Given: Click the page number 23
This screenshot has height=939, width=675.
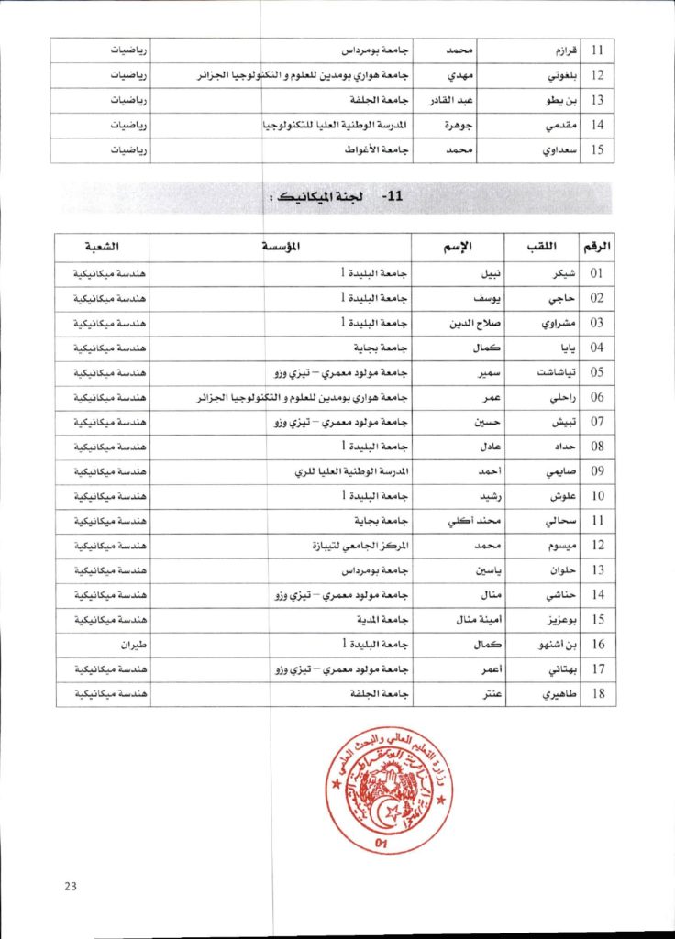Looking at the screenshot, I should [x=71, y=885].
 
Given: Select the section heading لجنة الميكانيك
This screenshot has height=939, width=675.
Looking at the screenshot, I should [x=312, y=197].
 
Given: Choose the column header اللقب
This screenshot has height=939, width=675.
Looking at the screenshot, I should [x=540, y=247].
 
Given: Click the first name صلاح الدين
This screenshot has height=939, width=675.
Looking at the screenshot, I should [x=474, y=323].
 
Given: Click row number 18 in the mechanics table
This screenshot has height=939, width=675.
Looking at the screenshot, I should [x=597, y=694].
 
